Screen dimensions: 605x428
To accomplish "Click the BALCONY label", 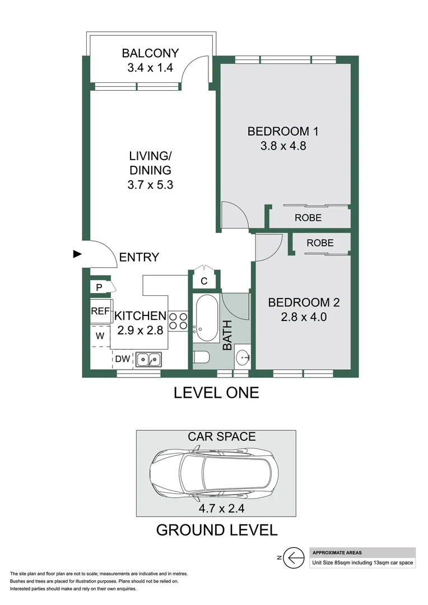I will pyautogui.click(x=150, y=54).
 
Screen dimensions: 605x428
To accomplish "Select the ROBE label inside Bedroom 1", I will pyautogui.click(x=308, y=218).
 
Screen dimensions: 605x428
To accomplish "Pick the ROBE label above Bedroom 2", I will pyautogui.click(x=320, y=243).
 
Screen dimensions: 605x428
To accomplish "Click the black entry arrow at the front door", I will pyautogui.click(x=78, y=254).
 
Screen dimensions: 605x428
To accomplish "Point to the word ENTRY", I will pyautogui.click(x=139, y=258).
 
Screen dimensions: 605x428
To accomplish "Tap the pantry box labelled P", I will pyautogui.click(x=99, y=287).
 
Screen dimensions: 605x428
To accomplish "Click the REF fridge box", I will pyautogui.click(x=100, y=311).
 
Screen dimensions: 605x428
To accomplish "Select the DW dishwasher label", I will pyautogui.click(x=123, y=359).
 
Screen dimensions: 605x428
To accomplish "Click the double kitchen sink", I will pyautogui.click(x=148, y=358).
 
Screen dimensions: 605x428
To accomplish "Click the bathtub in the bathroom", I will pyautogui.click(x=206, y=318).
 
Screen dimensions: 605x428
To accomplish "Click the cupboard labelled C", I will pyautogui.click(x=204, y=281).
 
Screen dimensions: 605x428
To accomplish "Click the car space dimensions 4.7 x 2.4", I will pyautogui.click(x=216, y=509).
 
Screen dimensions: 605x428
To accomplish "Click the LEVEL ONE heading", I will pyautogui.click(x=216, y=393).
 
